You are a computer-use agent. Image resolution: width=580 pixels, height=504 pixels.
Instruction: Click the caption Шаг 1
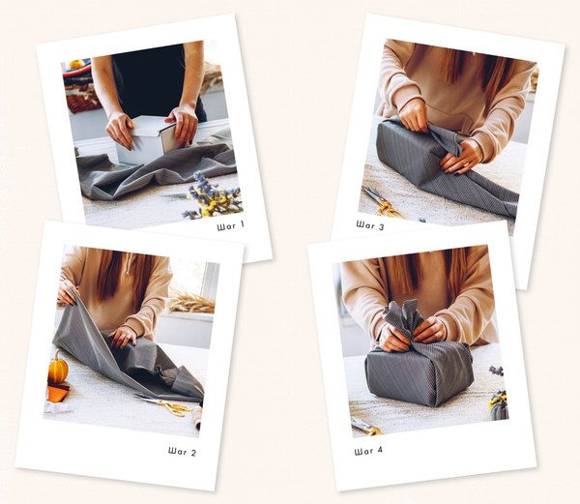[230, 225]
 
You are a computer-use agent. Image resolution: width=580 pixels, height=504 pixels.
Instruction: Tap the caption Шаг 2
[182, 451]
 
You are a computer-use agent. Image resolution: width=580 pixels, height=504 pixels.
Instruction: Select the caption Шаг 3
[370, 225]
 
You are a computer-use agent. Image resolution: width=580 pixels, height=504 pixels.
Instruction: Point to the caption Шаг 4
[368, 451]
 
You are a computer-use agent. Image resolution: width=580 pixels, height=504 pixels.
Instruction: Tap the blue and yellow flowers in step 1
[213, 195]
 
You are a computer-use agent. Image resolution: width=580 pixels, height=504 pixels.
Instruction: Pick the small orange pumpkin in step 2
[58, 368]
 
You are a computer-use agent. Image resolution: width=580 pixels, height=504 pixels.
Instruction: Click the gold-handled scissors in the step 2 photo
[164, 403]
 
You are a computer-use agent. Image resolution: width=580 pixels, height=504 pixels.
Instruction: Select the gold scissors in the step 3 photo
[382, 202]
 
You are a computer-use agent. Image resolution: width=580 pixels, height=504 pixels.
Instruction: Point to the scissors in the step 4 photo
[366, 427]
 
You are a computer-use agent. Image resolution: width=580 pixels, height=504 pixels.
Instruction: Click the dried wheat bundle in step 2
[190, 301]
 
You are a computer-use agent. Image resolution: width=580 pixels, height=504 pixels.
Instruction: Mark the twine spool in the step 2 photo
[198, 416]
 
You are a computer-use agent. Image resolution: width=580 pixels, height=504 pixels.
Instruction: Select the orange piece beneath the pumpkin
[57, 392]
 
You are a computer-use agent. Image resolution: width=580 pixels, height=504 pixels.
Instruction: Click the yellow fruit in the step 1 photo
[77, 64]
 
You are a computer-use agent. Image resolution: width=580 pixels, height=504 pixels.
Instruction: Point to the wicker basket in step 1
[82, 100]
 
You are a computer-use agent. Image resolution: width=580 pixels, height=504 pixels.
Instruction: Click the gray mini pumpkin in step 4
[500, 411]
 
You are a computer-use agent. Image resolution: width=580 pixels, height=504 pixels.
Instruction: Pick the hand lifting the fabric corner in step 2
[67, 292]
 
